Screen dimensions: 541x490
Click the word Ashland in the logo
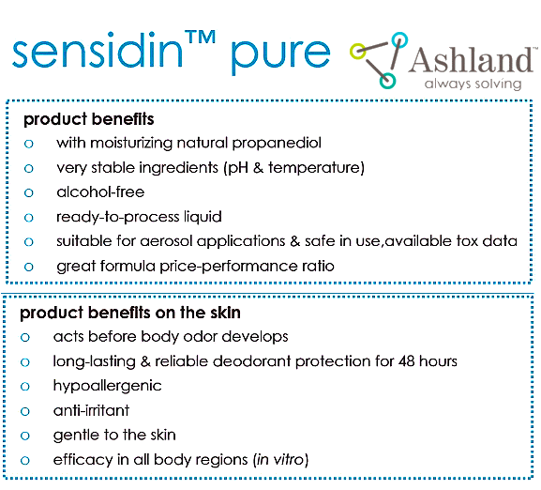click(472, 60)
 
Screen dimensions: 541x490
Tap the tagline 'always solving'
click(473, 84)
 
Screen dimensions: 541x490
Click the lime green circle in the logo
click(357, 51)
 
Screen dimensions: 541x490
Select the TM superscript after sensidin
click(200, 38)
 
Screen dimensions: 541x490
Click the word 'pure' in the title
click(280, 55)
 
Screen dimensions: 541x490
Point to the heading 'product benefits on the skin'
click(130, 313)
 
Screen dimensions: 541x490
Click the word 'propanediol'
click(277, 144)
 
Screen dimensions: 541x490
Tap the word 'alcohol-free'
click(100, 192)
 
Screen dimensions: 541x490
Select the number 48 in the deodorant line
click(406, 361)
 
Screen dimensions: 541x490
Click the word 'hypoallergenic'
click(107, 386)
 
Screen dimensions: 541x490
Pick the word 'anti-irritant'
click(91, 410)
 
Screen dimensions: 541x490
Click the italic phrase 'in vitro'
click(280, 460)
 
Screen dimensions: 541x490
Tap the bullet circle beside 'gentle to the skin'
click(25, 436)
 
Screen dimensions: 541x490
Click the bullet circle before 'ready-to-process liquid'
click(29, 218)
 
